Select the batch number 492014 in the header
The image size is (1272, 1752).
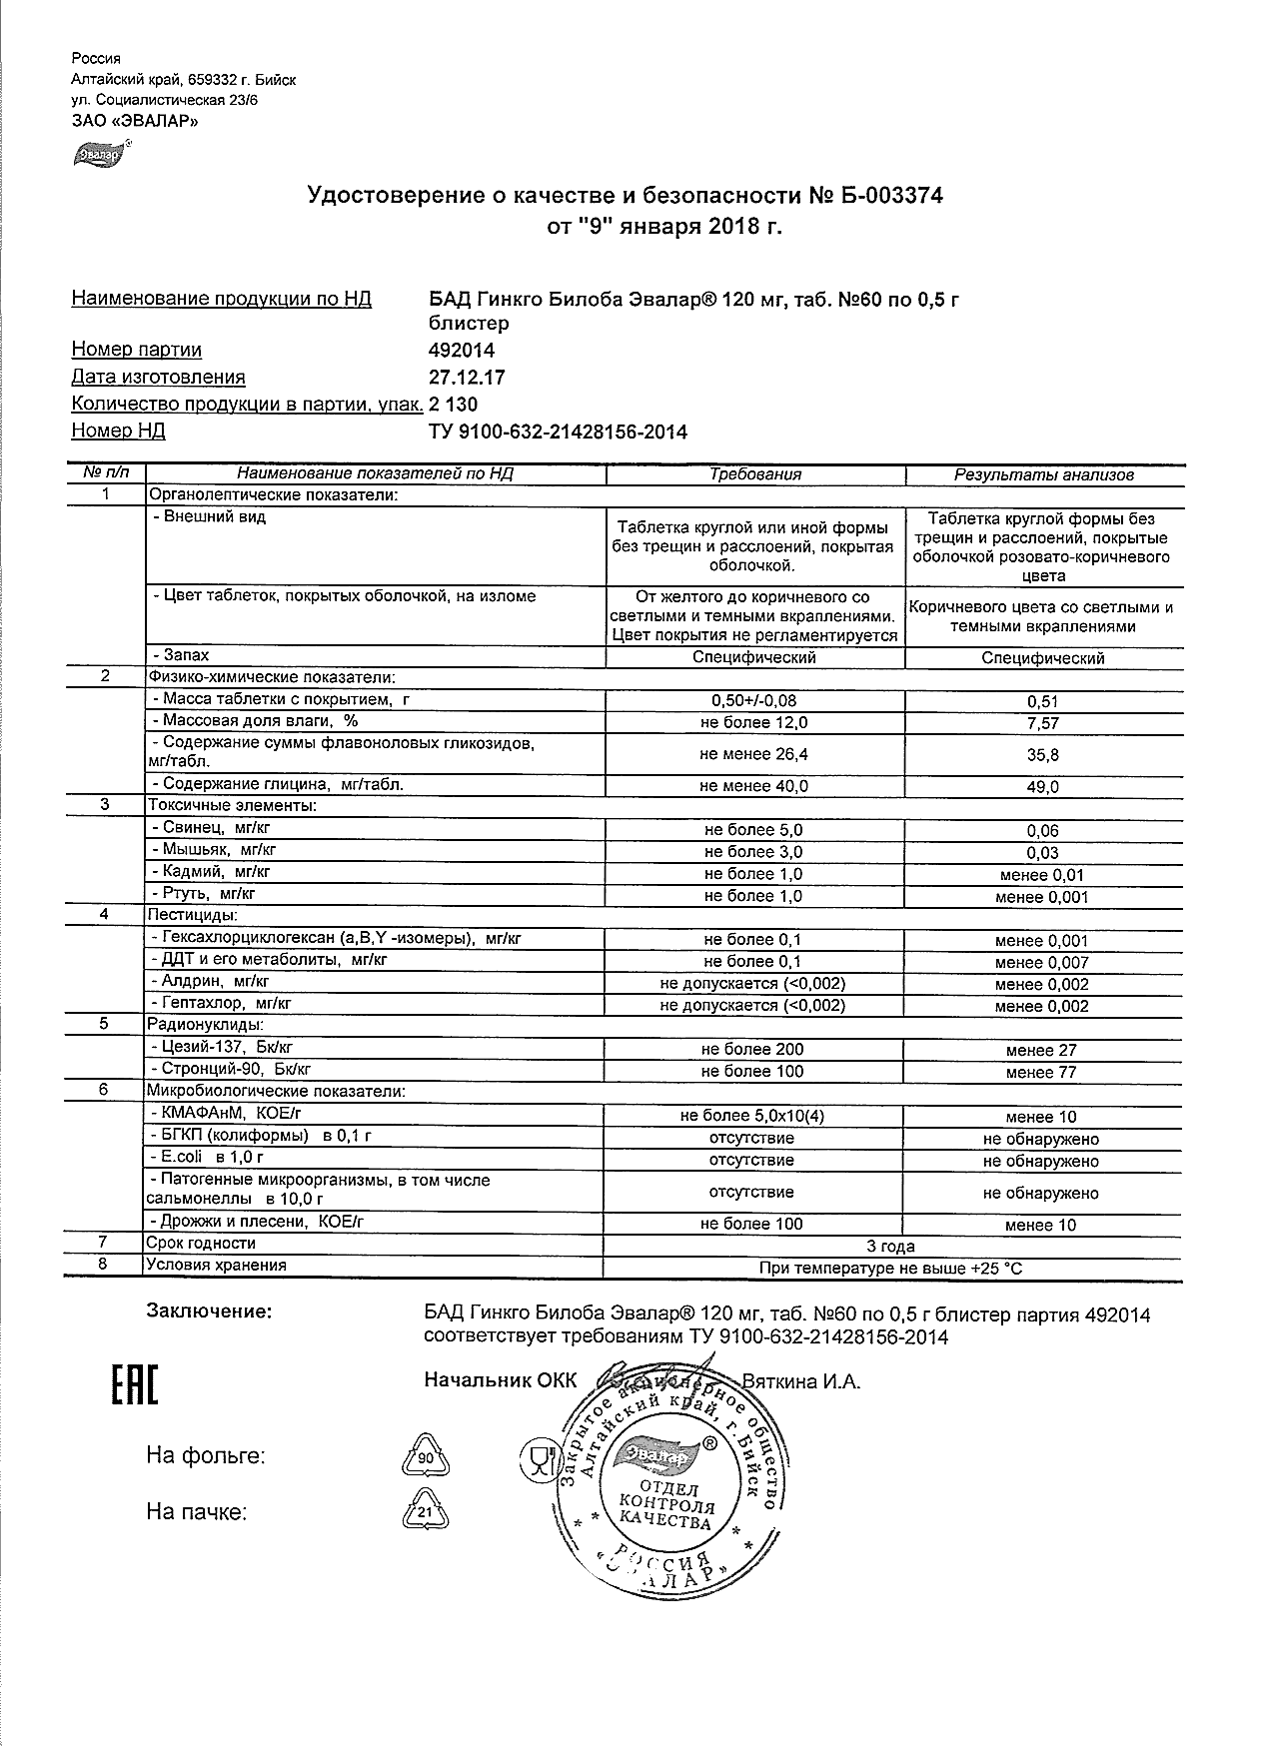[x=461, y=351]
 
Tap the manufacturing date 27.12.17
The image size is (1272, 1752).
[x=466, y=378]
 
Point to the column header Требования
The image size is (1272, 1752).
[x=755, y=474]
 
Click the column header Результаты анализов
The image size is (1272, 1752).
[x=1044, y=475]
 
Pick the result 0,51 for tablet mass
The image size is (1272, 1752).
[x=1043, y=701]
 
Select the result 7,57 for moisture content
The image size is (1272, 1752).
[x=1043, y=723]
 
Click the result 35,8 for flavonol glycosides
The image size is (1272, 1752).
[x=1043, y=755]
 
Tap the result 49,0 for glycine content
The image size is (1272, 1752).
[x=1043, y=787]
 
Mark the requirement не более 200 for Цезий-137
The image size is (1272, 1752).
[x=752, y=1049]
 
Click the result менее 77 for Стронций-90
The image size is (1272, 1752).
[x=1041, y=1073]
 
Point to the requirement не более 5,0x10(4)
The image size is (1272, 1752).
[x=752, y=1116]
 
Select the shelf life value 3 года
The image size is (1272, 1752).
[x=890, y=1246]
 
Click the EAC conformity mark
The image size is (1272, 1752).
[x=132, y=1383]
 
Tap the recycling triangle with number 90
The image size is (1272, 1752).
[x=426, y=1457]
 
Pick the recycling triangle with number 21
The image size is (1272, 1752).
[x=426, y=1512]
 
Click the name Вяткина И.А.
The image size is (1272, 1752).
[x=800, y=1381]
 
